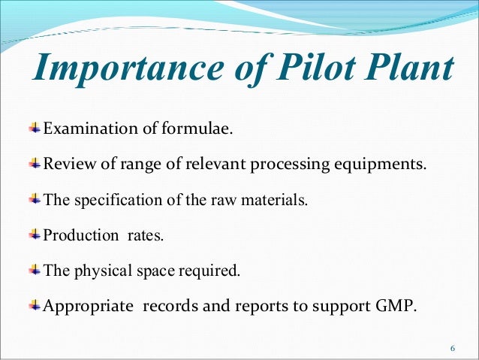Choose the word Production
point(78,235)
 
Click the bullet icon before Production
point(35,234)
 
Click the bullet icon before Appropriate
point(35,305)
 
